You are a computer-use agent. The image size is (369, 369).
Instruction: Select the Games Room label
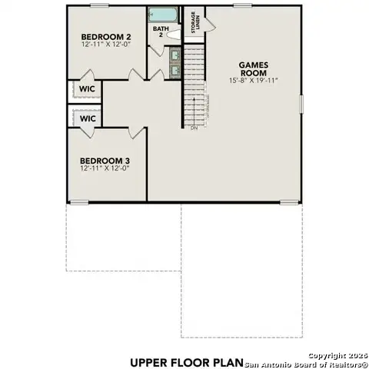point(252,69)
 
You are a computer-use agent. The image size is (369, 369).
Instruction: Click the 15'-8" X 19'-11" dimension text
point(252,81)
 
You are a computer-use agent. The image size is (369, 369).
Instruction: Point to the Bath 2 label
point(160,32)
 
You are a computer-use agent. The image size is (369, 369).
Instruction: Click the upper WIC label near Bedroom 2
point(88,89)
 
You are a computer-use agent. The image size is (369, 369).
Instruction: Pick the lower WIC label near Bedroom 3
point(88,119)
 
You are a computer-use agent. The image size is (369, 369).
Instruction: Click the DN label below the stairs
point(194,128)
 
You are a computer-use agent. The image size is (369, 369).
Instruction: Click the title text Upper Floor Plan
point(187,361)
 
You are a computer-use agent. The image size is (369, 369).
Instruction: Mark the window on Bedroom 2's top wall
point(98,5)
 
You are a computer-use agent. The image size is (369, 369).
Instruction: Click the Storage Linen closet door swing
point(210,23)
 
